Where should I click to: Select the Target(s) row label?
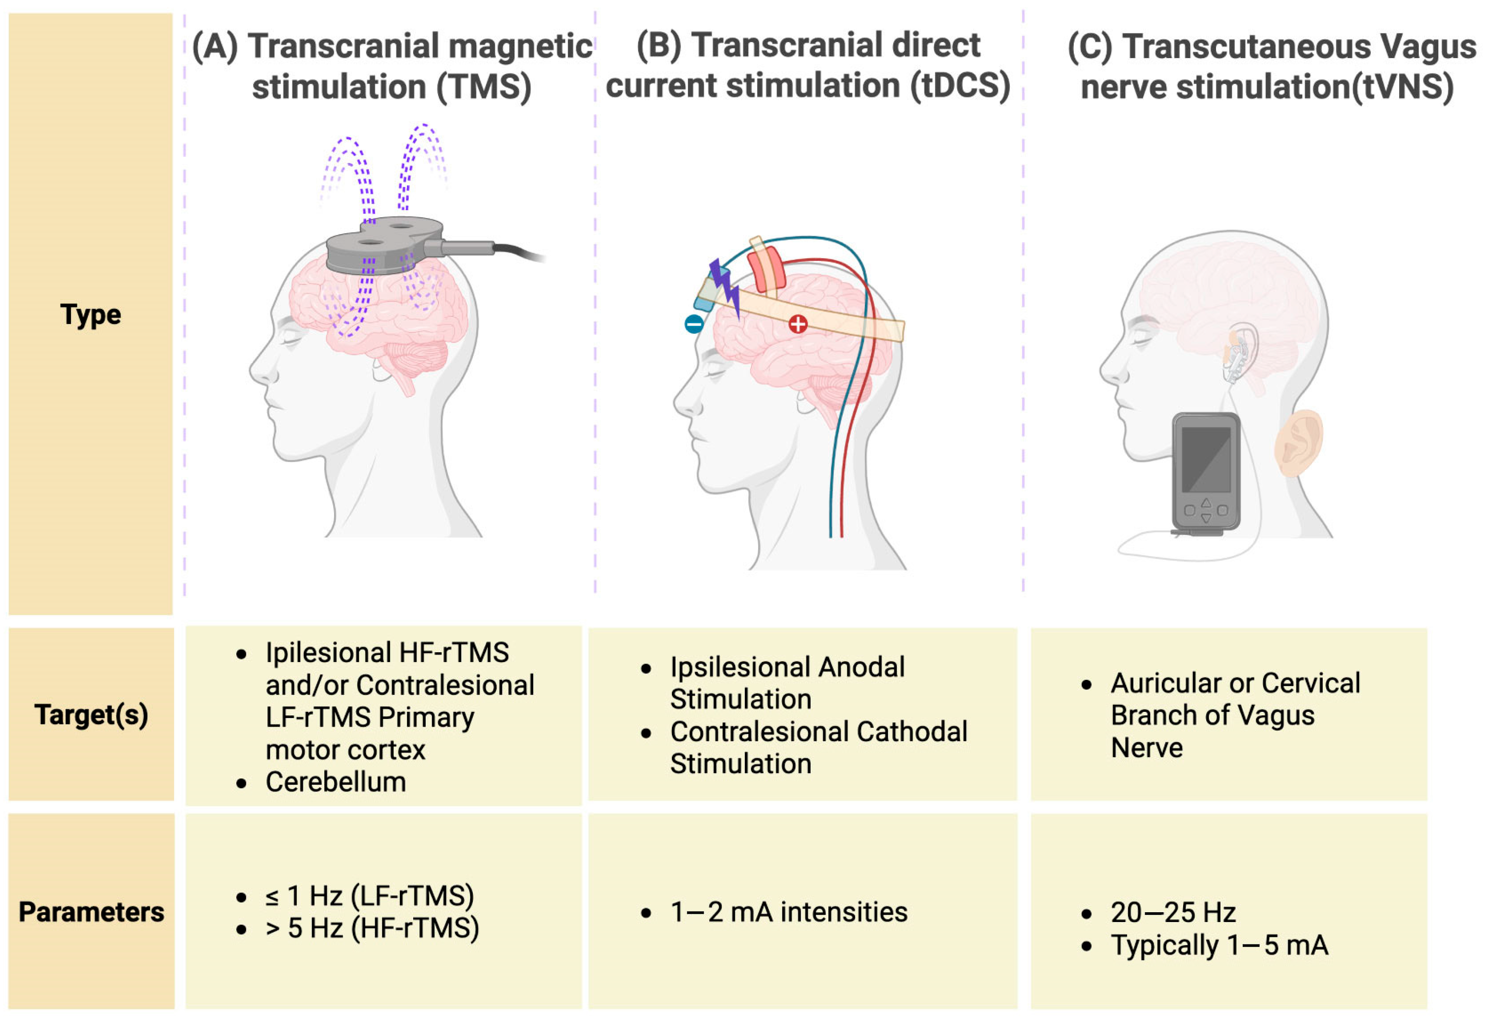click(x=91, y=715)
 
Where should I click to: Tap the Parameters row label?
click(x=91, y=912)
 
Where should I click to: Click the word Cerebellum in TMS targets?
click(x=336, y=782)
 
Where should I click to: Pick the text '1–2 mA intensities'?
click(x=789, y=912)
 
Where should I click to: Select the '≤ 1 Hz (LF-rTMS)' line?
click(x=370, y=896)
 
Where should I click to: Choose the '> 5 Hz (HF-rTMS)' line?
click(x=372, y=928)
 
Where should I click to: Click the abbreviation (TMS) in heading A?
click(x=484, y=87)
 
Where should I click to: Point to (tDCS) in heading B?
click(x=960, y=85)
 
